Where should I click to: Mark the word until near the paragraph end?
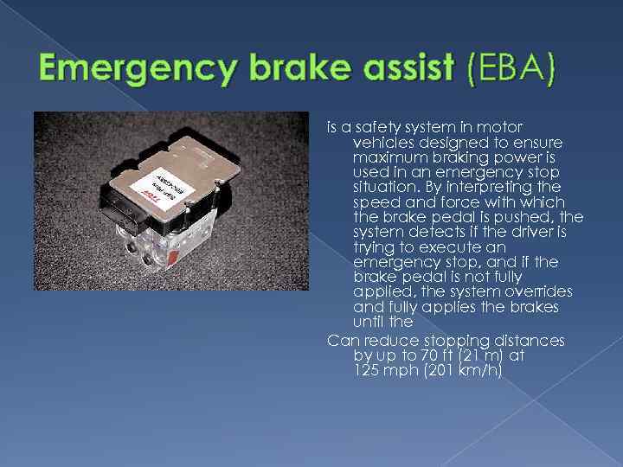(x=370, y=322)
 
